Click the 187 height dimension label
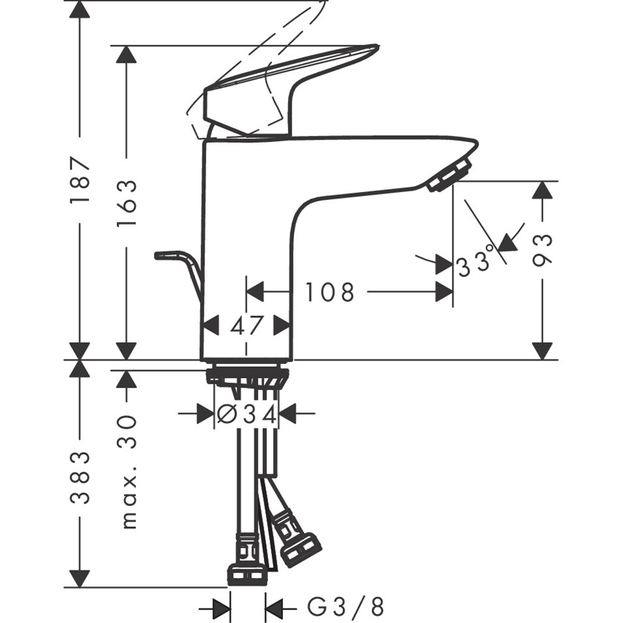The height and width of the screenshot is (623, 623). click(80, 181)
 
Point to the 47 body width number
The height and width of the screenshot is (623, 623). click(247, 325)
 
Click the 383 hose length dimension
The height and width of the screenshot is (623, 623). click(80, 477)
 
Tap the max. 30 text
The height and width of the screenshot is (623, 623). click(127, 471)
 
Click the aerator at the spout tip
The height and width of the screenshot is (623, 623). click(450, 174)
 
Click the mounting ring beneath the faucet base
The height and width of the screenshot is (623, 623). click(247, 376)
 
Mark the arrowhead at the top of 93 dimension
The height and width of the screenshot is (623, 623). click(543, 190)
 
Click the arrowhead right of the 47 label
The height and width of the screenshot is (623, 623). click(282, 325)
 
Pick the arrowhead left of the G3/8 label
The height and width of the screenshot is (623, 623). click(275, 606)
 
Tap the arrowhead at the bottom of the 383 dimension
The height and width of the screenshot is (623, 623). click(80, 579)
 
